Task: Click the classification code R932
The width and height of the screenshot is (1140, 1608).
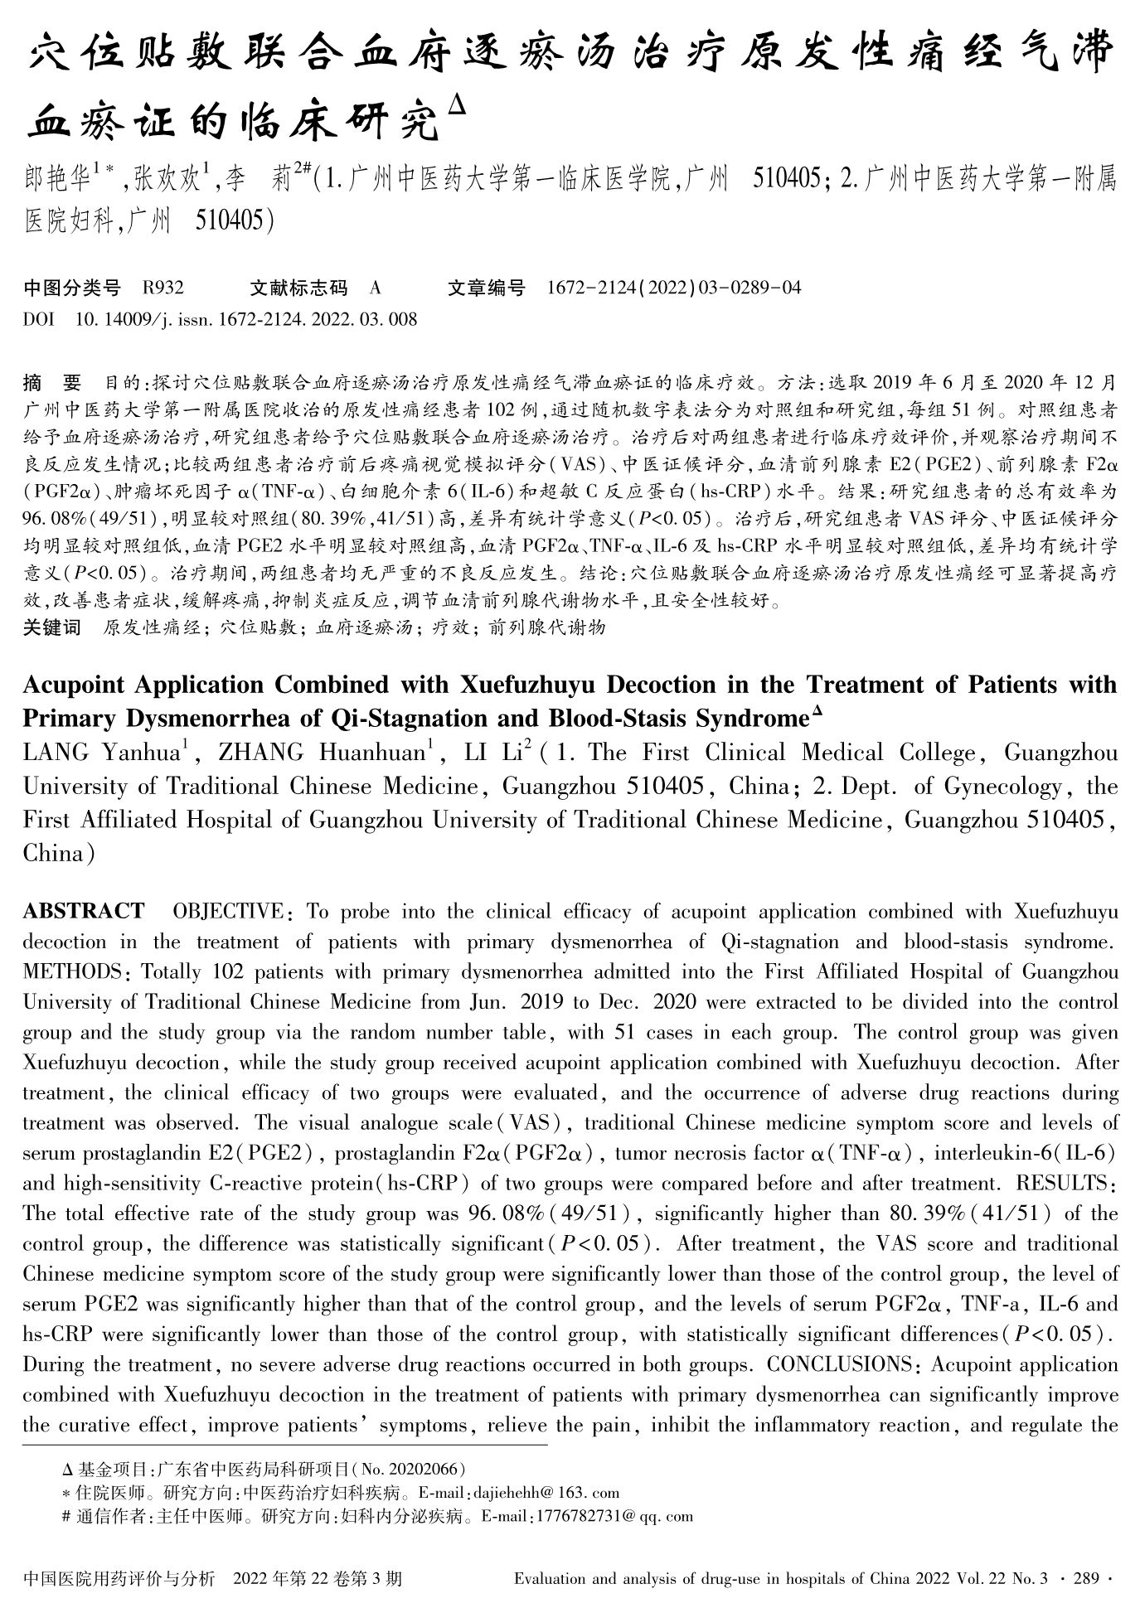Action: [163, 288]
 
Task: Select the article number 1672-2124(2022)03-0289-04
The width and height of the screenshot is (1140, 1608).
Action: [674, 288]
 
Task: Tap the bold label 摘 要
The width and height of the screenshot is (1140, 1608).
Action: [52, 383]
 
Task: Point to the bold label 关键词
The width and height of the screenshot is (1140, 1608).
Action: [52, 627]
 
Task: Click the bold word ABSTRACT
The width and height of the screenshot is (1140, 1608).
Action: [83, 912]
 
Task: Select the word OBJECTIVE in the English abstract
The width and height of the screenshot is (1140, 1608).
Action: [227, 912]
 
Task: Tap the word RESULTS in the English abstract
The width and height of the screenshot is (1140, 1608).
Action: [1065, 1184]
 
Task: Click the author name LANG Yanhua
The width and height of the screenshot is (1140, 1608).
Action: [101, 753]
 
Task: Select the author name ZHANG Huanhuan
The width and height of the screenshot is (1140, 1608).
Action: [321, 753]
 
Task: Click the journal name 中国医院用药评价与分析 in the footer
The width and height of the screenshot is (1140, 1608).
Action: [121, 1578]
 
